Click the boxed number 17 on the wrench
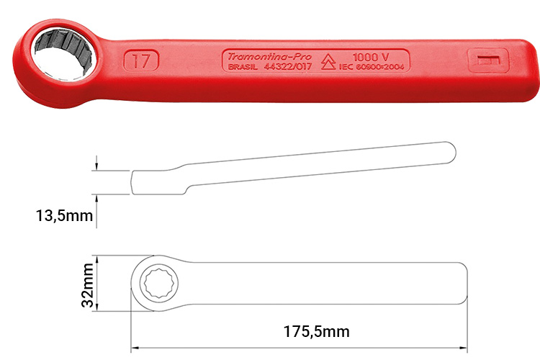tap(141, 60)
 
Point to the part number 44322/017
tap(288, 68)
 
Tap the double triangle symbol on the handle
tap(328, 61)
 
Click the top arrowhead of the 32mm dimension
tap(95, 258)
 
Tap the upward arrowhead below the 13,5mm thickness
tap(94, 198)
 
